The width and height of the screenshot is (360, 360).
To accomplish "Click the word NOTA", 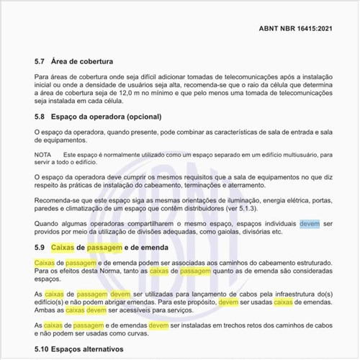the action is pyautogui.click(x=42, y=154).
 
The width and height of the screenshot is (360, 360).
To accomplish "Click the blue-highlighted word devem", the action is pyautogui.click(x=310, y=223).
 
